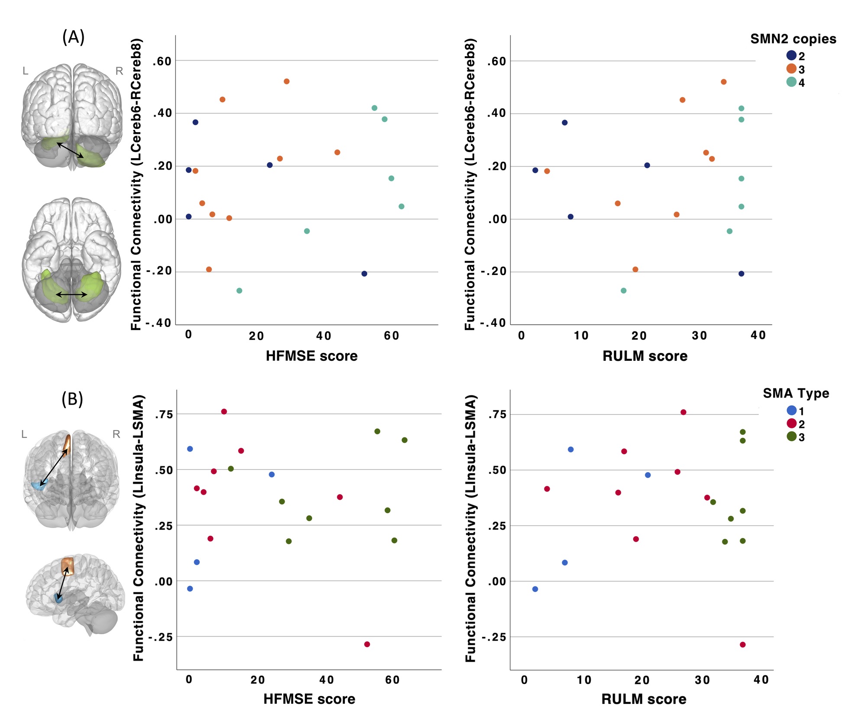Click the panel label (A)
pos(73,37)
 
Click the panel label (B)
pos(72,398)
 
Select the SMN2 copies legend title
pos(793,39)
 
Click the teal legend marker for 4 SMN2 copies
pos(791,82)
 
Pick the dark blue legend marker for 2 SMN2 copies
pos(791,55)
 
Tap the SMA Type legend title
pos(796,393)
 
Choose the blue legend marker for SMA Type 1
pos(791,411)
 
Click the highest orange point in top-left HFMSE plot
pos(286,81)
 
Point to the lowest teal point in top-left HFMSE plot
pos(239,291)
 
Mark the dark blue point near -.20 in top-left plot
pos(364,274)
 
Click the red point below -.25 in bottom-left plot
pos(367,644)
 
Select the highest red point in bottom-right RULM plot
pos(683,412)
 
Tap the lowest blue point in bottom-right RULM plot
pos(535,589)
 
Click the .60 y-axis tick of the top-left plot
pos(162,62)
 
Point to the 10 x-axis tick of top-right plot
pos(581,336)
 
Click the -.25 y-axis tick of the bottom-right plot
pos(493,637)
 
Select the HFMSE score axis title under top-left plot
pos(311,356)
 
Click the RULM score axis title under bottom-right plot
pos(644,699)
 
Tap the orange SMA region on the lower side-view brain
pos(68,566)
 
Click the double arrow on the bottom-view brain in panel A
pos(71,295)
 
